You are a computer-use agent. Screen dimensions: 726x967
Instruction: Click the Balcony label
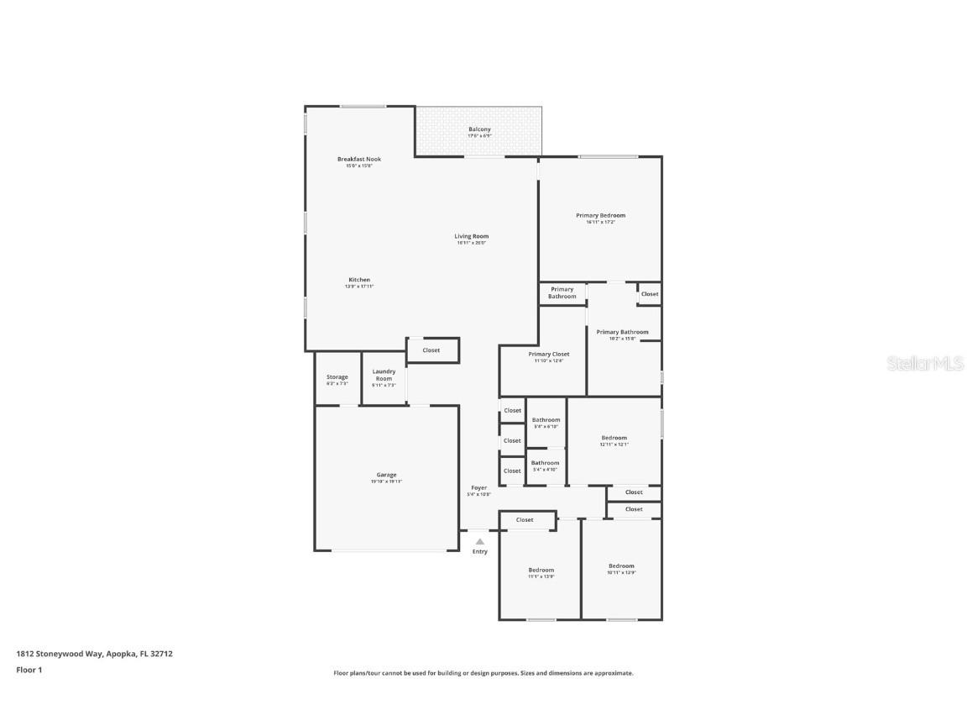479,129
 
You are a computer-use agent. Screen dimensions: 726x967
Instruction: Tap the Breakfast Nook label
359,160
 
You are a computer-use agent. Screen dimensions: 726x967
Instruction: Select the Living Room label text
471,237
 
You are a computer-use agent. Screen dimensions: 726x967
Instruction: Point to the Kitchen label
359,280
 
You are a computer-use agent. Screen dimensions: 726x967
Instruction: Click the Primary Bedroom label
600,216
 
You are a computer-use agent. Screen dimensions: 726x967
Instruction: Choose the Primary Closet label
548,355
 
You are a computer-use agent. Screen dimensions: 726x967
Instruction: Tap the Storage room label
337,377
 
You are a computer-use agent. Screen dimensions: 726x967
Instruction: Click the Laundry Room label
384,375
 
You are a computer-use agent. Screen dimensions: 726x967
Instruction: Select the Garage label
386,475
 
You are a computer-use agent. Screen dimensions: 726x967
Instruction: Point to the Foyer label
478,488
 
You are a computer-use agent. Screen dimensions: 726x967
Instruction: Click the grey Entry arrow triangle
479,542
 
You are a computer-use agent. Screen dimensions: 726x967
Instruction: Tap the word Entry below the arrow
479,552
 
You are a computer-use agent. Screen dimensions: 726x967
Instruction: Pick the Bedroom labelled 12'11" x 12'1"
614,438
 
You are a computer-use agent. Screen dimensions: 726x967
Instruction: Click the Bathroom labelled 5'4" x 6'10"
546,420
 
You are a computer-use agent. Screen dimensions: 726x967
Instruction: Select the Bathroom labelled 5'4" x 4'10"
545,463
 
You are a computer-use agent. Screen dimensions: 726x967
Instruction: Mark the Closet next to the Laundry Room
431,350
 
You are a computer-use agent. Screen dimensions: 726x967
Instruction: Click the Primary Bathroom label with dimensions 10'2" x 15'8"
622,333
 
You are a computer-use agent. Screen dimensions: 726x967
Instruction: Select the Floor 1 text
29,670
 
